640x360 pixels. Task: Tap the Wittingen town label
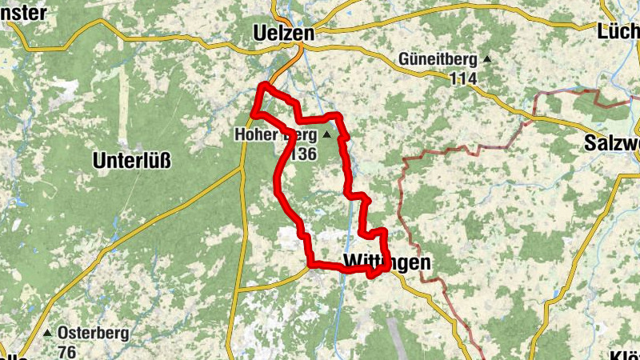pos(386,262)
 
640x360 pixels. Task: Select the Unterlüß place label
pos(132,160)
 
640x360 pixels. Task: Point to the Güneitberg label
pos(438,59)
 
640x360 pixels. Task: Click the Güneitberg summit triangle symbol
pos(486,59)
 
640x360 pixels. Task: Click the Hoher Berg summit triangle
pos(326,134)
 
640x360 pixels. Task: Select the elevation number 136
pos(303,154)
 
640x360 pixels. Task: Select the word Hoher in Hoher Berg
pos(255,134)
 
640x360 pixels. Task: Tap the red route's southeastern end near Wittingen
pos(374,275)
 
